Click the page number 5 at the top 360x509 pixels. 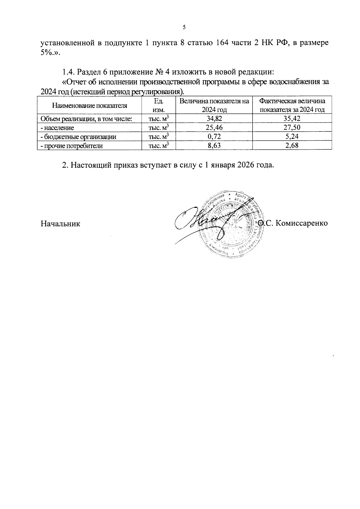[184, 27]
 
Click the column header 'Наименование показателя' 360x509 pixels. [89, 106]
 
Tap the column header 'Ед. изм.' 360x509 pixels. [158, 105]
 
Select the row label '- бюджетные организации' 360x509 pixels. [78, 137]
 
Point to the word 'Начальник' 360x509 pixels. [60, 223]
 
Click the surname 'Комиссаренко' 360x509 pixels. [301, 223]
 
